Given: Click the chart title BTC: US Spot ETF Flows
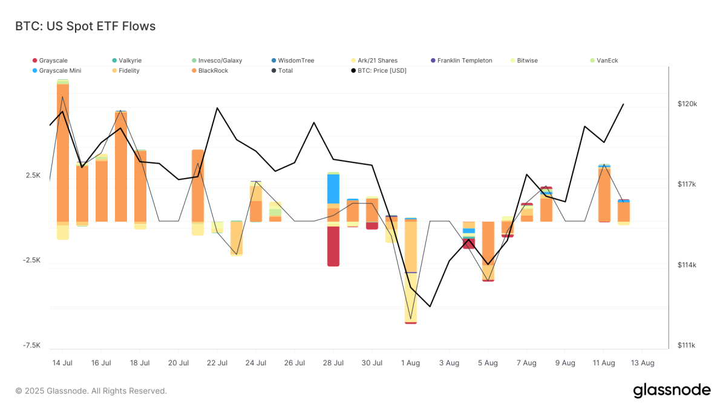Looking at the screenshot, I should (85, 26).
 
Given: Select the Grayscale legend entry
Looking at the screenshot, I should (53, 61).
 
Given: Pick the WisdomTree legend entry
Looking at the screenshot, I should (296, 61).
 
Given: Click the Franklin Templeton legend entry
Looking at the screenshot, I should (464, 61).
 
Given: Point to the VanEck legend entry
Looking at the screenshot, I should (607, 61).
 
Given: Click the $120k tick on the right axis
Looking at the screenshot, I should (687, 104).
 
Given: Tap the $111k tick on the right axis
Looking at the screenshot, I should (687, 346).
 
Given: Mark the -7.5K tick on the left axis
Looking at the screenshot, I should (32, 345).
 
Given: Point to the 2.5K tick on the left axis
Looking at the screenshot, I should (33, 175).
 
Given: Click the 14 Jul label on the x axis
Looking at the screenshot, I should (63, 363).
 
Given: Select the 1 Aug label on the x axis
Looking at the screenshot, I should (410, 363).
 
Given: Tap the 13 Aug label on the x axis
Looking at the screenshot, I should (643, 363).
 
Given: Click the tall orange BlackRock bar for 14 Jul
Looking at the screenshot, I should (63, 151).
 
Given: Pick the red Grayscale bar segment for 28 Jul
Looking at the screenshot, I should (333, 245).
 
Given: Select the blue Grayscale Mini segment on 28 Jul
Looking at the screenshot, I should (333, 188).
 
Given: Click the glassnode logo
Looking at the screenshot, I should (672, 391).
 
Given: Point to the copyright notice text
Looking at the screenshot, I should (91, 391).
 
